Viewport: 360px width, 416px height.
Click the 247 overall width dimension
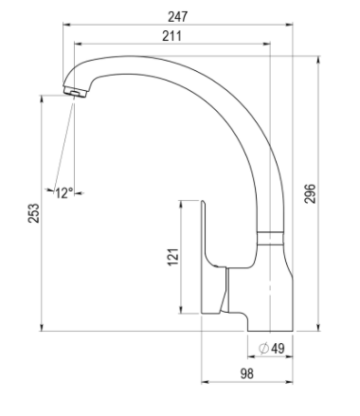tap(177, 17)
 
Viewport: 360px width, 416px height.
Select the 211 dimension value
tap(172, 36)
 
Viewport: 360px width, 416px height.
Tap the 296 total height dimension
tap(310, 193)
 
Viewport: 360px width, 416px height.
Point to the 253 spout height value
tap(34, 213)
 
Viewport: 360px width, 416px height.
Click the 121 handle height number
tap(173, 258)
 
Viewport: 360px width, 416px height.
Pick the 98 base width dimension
tap(246, 373)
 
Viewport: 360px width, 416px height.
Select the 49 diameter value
tap(278, 349)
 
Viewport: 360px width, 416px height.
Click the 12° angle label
tap(64, 193)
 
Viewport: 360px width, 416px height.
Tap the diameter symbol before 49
tap(263, 349)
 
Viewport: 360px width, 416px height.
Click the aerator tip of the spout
tap(75, 91)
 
